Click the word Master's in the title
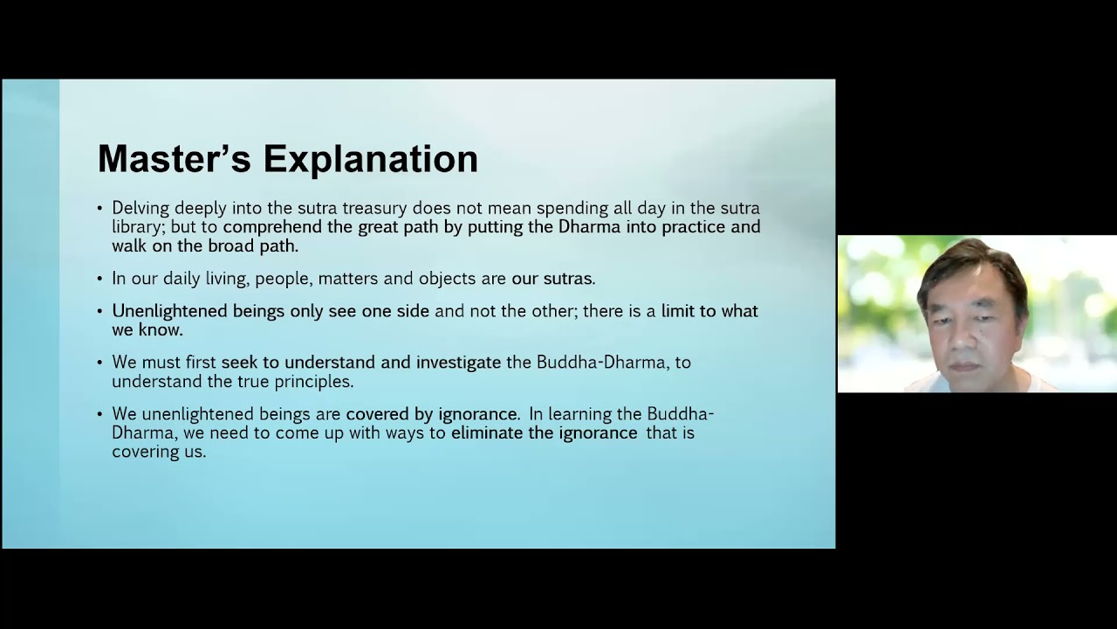(x=174, y=158)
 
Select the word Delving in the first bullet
(x=140, y=208)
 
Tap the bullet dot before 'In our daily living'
(x=99, y=278)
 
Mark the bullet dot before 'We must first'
(x=99, y=362)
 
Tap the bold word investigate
(x=458, y=363)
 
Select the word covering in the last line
(x=141, y=453)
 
